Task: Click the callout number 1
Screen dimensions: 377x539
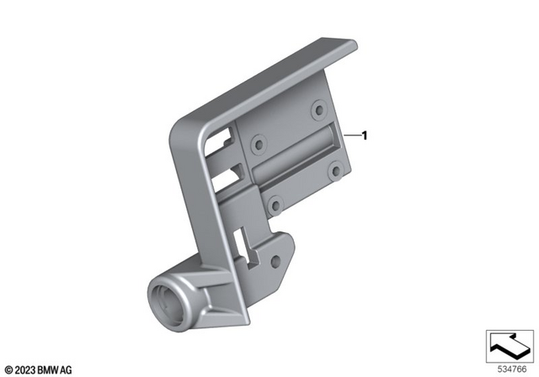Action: [366, 135]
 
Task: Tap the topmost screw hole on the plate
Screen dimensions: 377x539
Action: [318, 109]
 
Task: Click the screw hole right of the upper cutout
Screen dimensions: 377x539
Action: [259, 141]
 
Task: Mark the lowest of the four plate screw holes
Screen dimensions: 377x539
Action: [274, 203]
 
